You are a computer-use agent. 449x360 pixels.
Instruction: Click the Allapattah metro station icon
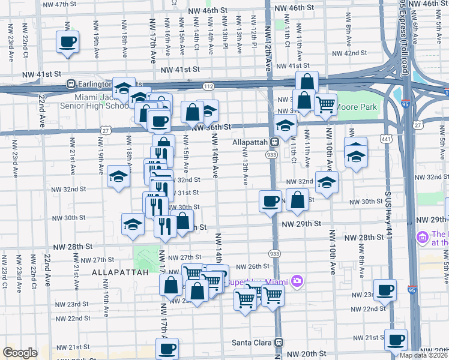[x=273, y=143]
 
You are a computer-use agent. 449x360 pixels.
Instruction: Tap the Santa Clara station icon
[x=279, y=343]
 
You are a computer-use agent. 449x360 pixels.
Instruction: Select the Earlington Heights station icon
[x=71, y=84]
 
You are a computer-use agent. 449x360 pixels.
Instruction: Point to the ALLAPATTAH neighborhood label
[x=116, y=272]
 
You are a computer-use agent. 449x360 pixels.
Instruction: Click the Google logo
[x=20, y=353]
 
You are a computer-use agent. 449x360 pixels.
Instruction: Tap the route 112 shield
[x=208, y=86]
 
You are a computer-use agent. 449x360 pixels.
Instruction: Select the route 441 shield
[x=386, y=139]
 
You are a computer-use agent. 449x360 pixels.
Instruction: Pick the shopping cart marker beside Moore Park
[x=325, y=104]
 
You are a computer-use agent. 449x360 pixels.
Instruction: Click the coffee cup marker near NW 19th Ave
[x=67, y=42]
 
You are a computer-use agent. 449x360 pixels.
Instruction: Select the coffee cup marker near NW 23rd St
[x=385, y=290]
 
